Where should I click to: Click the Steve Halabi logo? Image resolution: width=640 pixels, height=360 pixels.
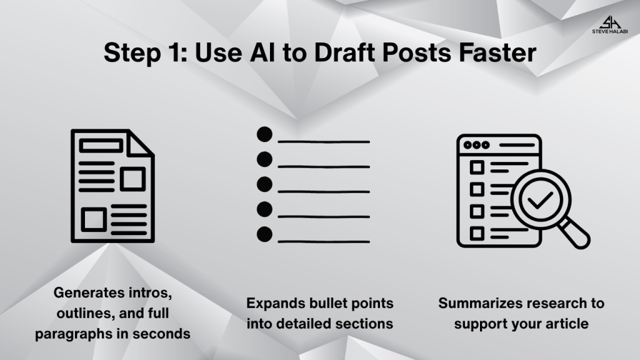tap(610, 24)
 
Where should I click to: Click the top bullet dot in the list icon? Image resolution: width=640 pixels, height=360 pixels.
tap(264, 134)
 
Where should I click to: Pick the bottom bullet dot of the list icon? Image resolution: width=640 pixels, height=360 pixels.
tap(264, 234)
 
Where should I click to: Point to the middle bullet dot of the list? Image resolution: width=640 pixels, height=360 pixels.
tap(264, 184)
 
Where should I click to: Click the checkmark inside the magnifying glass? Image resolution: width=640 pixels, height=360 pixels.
tap(540, 200)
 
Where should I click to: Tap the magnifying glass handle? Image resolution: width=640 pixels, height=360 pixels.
tap(575, 234)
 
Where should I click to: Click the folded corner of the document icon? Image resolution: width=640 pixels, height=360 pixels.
tap(139, 143)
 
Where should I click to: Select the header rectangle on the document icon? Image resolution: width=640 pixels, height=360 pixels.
tap(101, 146)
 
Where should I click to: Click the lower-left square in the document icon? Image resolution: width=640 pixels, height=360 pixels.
tap(94, 219)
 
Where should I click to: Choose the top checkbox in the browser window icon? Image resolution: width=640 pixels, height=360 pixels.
tap(477, 167)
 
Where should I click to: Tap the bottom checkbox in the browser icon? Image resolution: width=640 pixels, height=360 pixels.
tap(477, 234)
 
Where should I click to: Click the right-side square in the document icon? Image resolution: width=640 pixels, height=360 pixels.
tap(133, 179)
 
